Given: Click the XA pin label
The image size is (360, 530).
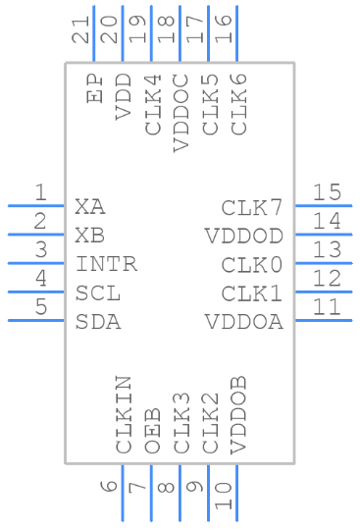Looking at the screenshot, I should (x=89, y=207).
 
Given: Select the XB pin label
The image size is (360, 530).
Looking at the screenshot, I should (x=89, y=236).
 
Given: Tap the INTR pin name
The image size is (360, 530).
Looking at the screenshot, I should (x=106, y=264).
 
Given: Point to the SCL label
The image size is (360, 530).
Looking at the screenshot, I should (x=98, y=293).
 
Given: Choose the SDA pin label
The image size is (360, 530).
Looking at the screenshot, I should (x=98, y=322).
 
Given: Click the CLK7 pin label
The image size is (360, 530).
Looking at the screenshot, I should (x=252, y=207).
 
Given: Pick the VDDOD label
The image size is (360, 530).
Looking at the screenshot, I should (x=244, y=236).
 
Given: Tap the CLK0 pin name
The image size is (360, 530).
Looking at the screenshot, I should (x=252, y=264).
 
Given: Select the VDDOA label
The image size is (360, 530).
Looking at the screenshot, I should (x=244, y=322).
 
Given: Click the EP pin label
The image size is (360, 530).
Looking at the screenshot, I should (x=95, y=89).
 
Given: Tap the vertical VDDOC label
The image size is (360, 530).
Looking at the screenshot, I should (x=181, y=112).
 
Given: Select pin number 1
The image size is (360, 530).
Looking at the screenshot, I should (x=40, y=191).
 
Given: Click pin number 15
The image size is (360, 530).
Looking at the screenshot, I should (x=327, y=191).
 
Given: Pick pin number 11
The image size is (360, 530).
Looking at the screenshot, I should (x=327, y=306).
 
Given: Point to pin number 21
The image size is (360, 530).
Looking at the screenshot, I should (x=81, y=36).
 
